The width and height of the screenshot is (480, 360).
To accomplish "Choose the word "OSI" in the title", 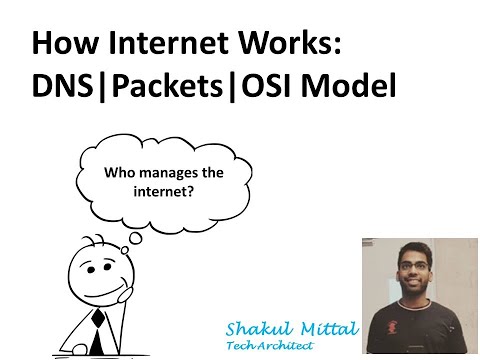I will pos(264,86).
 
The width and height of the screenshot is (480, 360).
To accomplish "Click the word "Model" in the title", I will pos(350,86).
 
